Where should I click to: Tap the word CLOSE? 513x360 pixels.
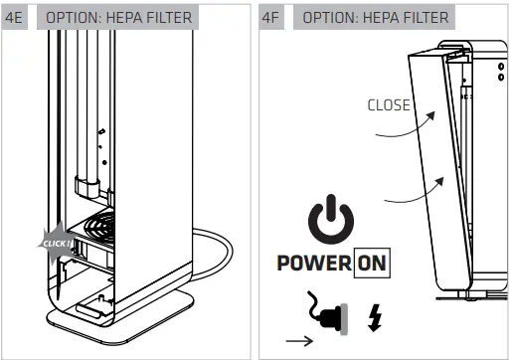(x=388, y=104)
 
